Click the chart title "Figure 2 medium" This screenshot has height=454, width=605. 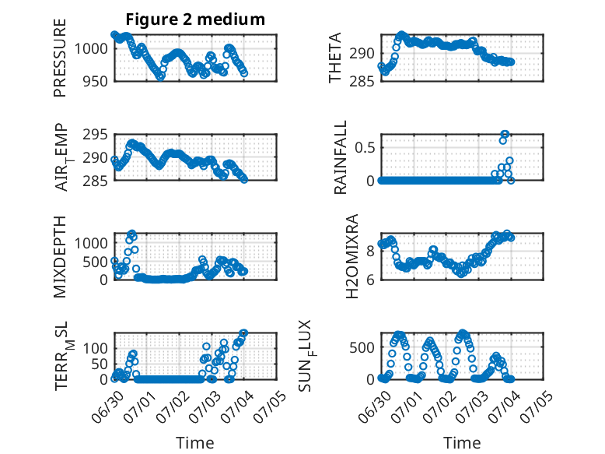coord(195,19)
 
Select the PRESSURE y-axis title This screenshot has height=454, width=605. coord(60,58)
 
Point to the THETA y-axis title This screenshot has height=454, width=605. coord(335,58)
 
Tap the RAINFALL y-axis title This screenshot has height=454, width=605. coord(341,157)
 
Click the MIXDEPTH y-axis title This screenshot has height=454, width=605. coord(60,257)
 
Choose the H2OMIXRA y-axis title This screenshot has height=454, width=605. coord(352,256)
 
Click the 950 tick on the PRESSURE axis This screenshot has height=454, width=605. coord(96,82)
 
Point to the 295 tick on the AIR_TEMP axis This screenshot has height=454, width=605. coord(96,135)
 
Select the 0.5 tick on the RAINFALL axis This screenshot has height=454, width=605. coord(365,148)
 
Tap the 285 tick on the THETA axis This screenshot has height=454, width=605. coord(362,82)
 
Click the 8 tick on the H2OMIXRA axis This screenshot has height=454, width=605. coord(370,252)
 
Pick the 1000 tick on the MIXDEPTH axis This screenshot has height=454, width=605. coord(91,244)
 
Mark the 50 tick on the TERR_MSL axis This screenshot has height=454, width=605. coord(100,364)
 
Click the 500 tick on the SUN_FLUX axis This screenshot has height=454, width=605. coord(362,348)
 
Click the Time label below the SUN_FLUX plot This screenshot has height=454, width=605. coord(462,443)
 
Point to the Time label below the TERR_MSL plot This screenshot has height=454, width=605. coord(195,443)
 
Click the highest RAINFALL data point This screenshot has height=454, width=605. coord(505,134)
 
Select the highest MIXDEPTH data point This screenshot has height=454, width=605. coord(132,233)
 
